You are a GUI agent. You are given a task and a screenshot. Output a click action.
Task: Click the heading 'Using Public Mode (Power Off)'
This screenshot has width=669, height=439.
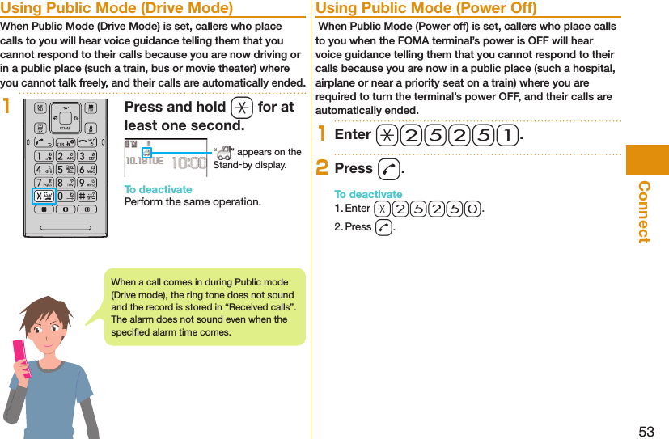point(426,9)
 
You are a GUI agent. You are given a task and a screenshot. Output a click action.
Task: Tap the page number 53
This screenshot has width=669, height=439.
point(646,431)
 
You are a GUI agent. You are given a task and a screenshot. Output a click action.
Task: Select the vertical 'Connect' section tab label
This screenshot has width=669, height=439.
point(644,211)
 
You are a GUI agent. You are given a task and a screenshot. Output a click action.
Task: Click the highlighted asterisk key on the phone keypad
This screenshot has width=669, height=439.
point(44,196)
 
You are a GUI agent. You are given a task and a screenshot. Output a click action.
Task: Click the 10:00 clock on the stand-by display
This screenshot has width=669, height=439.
point(189,161)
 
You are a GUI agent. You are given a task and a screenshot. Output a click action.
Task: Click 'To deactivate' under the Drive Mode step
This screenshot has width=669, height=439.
point(158,190)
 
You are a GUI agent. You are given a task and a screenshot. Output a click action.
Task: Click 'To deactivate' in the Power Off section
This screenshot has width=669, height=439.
point(368,195)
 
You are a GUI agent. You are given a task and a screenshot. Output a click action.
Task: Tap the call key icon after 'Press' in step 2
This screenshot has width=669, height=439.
point(388,169)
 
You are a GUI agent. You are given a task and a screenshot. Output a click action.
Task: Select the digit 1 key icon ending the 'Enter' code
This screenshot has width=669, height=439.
point(507,134)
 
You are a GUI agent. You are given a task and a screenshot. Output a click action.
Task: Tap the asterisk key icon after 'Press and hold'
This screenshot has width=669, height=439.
point(241,108)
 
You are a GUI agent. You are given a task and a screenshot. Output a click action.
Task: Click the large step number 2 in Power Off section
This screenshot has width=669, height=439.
point(322,168)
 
